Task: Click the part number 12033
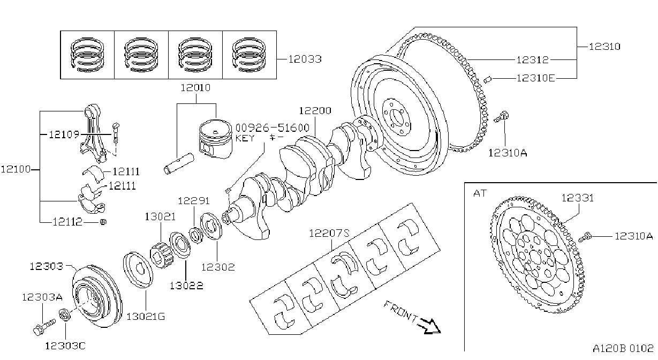click(305, 59)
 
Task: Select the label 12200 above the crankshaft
click(315, 111)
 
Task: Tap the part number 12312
click(533, 60)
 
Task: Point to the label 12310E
click(536, 78)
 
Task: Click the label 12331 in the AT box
click(578, 198)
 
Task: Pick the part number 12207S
click(329, 234)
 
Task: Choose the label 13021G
click(146, 317)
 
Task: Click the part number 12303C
click(65, 346)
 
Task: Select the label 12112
click(67, 222)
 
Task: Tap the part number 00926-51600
click(273, 128)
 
